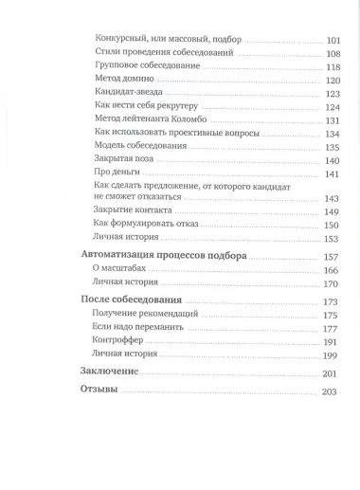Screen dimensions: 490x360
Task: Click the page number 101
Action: coord(333,40)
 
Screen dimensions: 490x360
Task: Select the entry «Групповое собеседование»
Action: coord(139,67)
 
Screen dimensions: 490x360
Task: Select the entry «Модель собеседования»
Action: coord(138,147)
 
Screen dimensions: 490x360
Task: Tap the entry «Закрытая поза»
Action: coord(125,160)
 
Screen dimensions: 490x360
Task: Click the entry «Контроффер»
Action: coord(118,340)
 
